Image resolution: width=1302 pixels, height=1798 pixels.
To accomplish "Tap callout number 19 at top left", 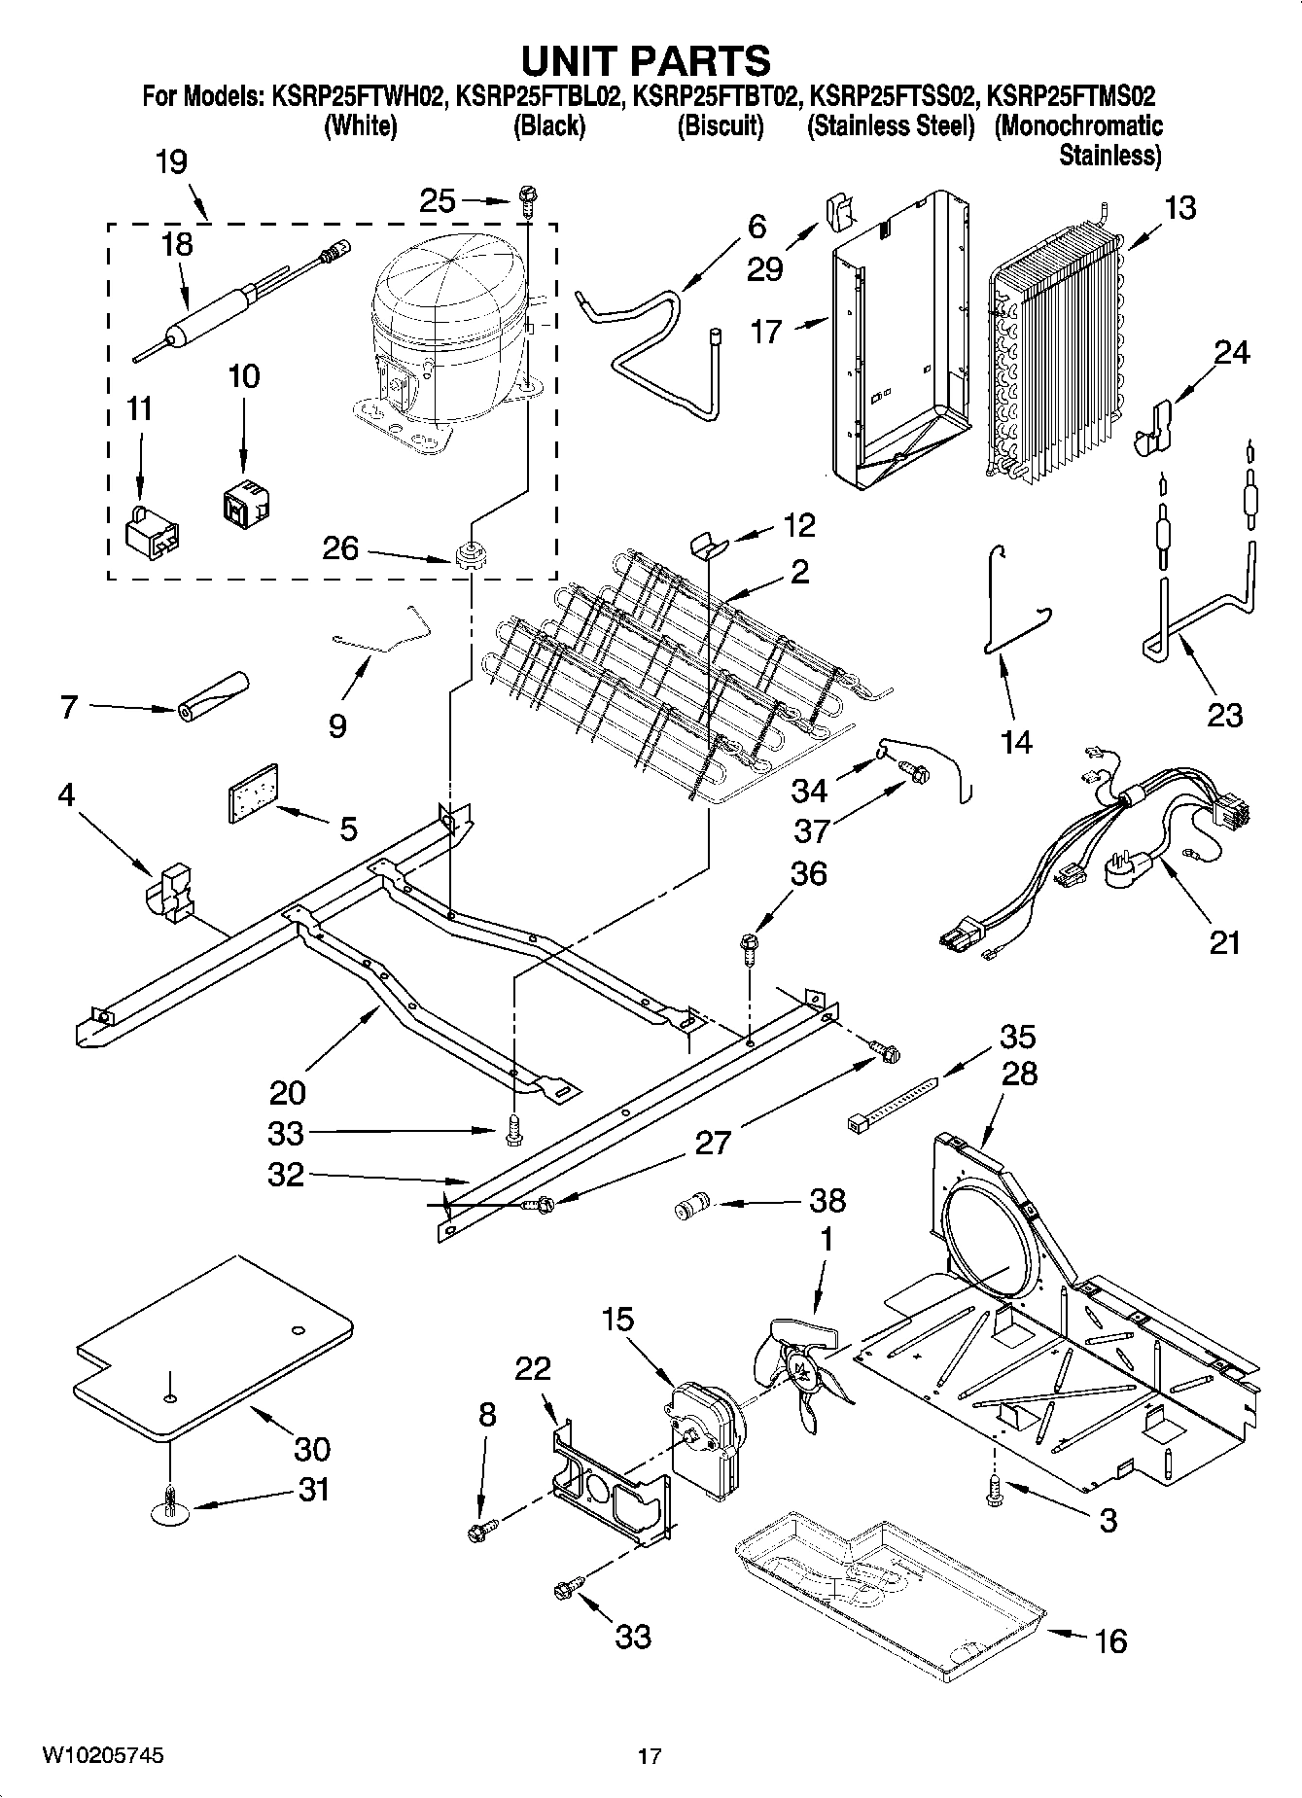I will pos(171,161).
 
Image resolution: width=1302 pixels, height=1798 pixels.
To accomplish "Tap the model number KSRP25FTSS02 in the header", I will pos(893,97).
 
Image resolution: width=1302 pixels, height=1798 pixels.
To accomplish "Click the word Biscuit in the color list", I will pos(721,126).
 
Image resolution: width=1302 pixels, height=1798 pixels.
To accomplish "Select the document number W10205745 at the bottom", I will pos(102,1756).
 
